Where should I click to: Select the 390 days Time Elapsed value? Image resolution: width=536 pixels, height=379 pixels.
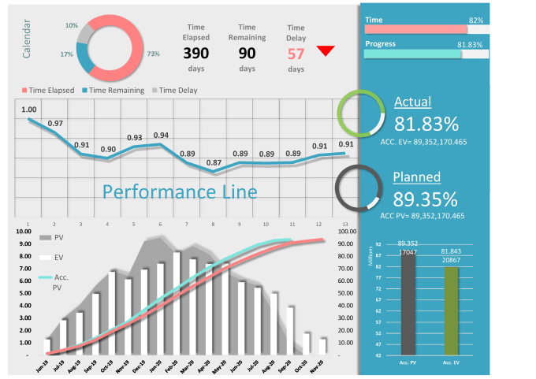click(195, 54)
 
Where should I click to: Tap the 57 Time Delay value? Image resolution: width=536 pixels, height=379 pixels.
click(296, 54)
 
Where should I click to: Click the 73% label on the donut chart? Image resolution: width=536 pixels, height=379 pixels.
click(153, 54)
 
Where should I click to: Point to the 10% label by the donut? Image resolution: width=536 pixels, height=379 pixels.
click(72, 26)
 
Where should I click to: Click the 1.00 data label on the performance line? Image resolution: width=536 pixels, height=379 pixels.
click(29, 110)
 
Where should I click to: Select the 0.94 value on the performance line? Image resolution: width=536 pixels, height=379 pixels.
click(161, 136)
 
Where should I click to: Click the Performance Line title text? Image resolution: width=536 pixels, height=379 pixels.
click(180, 191)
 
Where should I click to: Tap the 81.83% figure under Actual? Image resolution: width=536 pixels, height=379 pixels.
click(426, 124)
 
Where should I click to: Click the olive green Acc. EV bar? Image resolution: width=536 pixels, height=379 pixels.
click(452, 310)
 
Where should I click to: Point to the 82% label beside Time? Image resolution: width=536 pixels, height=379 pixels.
click(476, 20)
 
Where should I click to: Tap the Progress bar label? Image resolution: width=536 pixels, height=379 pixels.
click(381, 44)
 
